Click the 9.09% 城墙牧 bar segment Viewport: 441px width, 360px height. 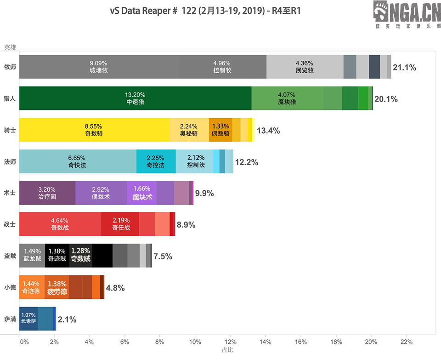pos(99,67)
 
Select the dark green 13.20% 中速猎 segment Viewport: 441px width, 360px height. pos(136,98)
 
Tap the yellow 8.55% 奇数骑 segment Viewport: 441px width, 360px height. pos(94,130)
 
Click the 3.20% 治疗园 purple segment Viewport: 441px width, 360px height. pos(47,193)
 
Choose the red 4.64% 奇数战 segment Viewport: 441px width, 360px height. pos(60,224)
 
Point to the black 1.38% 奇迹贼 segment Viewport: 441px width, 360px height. pos(57,255)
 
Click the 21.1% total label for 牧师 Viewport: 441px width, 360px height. pos(404,68)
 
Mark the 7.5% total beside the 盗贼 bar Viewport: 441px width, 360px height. pos(163,256)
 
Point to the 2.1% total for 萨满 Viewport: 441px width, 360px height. pos(67,319)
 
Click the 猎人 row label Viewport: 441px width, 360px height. pos(10,98)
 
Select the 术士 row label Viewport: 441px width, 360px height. pos(10,193)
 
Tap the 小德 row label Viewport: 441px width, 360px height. pos(10,287)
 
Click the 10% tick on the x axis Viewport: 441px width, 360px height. pos(195,342)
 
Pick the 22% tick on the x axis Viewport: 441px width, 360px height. pos(406,342)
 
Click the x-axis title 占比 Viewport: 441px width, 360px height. pos(227,350)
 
